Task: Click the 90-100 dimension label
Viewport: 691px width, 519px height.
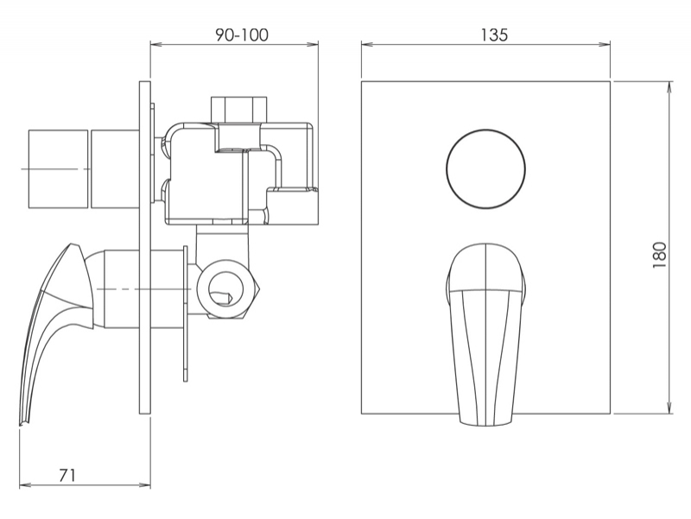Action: (x=242, y=35)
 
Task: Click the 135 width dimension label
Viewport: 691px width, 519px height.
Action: (x=494, y=35)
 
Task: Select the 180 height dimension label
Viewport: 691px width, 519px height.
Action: (x=660, y=255)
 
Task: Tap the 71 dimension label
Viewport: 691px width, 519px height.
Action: (x=67, y=475)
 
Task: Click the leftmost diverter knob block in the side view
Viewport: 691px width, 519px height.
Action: (x=58, y=168)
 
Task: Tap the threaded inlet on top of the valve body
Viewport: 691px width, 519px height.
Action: (x=239, y=109)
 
